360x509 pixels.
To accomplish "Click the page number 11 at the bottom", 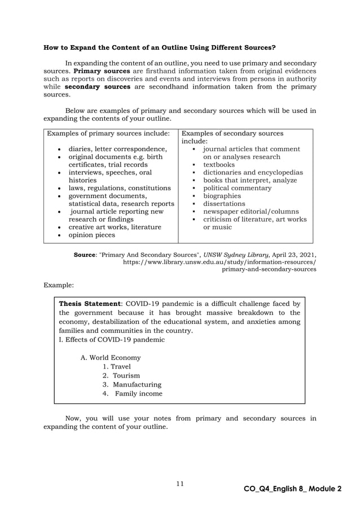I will (x=180, y=483).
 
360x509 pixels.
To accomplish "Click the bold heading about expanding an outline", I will (x=160, y=47).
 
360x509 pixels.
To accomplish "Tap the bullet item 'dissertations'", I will (x=224, y=203).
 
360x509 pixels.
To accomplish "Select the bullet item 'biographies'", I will (x=222, y=196).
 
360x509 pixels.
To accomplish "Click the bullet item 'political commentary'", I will (x=237, y=188).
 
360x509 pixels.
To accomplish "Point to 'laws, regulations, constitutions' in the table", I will (x=120, y=188).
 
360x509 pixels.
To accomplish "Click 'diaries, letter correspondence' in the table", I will (x=117, y=149).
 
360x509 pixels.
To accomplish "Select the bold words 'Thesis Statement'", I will (x=89, y=304).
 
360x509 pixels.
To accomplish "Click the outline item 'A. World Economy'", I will (x=111, y=357).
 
